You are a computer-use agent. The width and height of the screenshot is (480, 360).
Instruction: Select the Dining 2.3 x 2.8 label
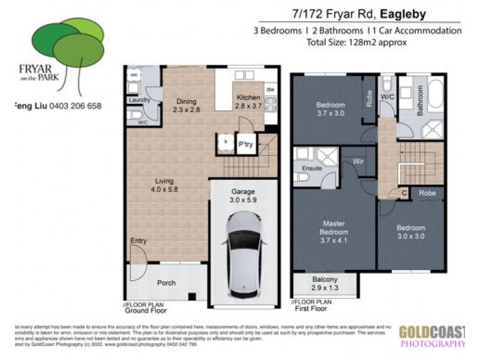[x=186, y=106]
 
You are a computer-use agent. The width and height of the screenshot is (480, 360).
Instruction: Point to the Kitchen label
[x=248, y=101]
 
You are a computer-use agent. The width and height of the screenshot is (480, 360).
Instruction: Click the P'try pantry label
[x=245, y=145]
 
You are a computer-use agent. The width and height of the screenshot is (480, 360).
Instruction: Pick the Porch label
[x=166, y=283]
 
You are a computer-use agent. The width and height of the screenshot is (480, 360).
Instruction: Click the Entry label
[x=139, y=241]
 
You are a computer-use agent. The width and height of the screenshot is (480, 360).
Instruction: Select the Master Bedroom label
[x=334, y=232]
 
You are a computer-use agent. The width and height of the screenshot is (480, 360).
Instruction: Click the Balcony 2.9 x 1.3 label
[x=325, y=283]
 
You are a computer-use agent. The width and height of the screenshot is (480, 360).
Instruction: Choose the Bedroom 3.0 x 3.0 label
[x=410, y=232]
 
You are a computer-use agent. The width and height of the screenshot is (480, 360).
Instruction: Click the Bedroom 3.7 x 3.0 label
[x=331, y=109]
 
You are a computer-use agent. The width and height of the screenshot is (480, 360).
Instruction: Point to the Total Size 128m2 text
[x=356, y=42]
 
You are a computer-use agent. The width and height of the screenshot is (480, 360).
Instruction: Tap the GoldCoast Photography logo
[x=432, y=336]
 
